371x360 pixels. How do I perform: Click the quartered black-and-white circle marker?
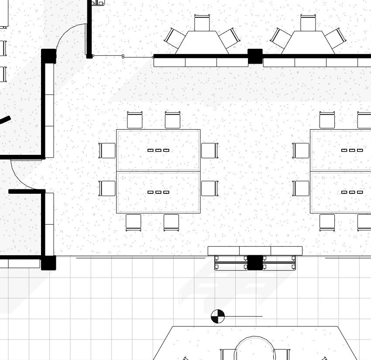[x=218, y=316]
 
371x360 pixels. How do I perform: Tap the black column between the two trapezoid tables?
[x=255, y=56]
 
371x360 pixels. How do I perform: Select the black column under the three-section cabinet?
[x=255, y=263]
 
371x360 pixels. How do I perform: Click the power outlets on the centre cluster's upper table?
[x=158, y=150]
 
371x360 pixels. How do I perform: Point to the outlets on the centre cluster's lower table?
[x=158, y=192]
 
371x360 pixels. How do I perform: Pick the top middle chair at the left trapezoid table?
[x=203, y=23]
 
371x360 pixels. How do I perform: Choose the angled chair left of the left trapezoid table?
[x=175, y=38]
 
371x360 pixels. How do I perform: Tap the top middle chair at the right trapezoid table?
[x=308, y=23]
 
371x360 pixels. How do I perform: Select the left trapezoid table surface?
[x=202, y=44]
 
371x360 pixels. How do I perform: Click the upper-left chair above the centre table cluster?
[x=135, y=120]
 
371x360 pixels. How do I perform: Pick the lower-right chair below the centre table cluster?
[x=171, y=222]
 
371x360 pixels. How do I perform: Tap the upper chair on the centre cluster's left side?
[x=107, y=151]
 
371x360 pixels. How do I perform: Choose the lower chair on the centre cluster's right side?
[x=209, y=189]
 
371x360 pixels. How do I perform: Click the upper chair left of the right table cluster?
[x=301, y=151]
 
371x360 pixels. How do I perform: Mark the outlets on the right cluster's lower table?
[x=352, y=192]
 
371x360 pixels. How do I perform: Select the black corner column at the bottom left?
[x=48, y=263]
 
